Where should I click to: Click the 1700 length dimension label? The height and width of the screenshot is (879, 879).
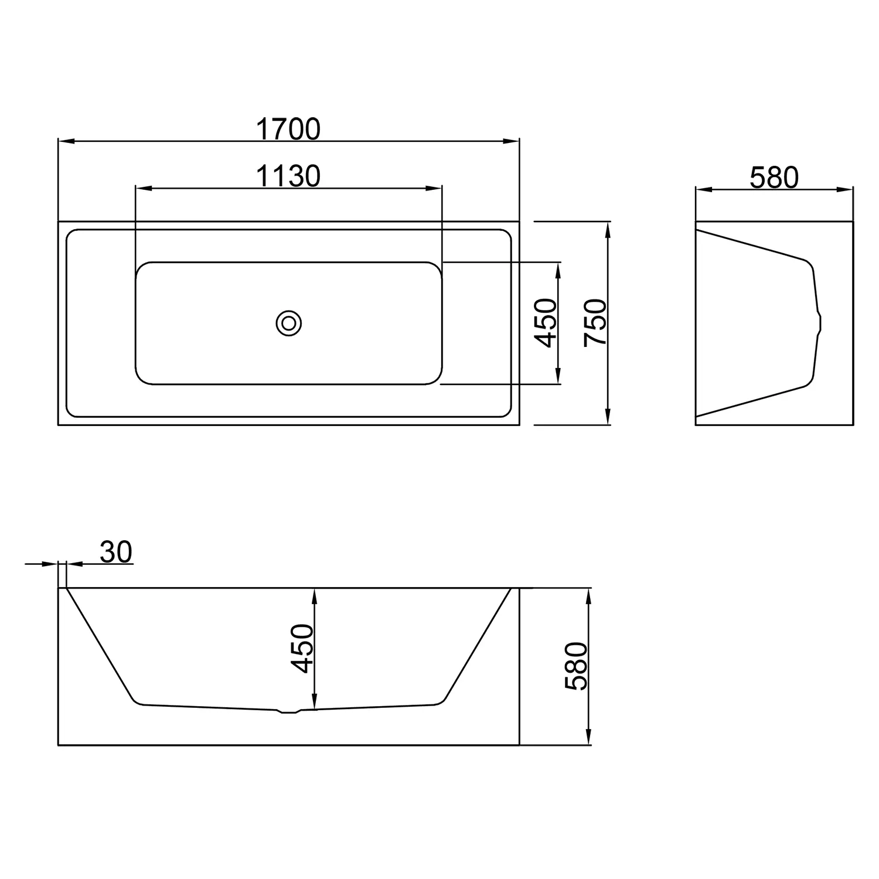[289, 129]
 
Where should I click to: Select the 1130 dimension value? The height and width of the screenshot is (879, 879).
[289, 176]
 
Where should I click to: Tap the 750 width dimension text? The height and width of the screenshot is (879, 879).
[596, 323]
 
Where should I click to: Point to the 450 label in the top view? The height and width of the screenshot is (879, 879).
[546, 323]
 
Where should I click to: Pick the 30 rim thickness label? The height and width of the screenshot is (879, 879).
[116, 551]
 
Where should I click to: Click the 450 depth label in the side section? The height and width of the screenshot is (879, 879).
[303, 649]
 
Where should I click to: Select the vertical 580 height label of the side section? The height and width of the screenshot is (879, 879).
[576, 666]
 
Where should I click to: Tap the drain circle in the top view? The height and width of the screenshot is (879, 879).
[288, 323]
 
